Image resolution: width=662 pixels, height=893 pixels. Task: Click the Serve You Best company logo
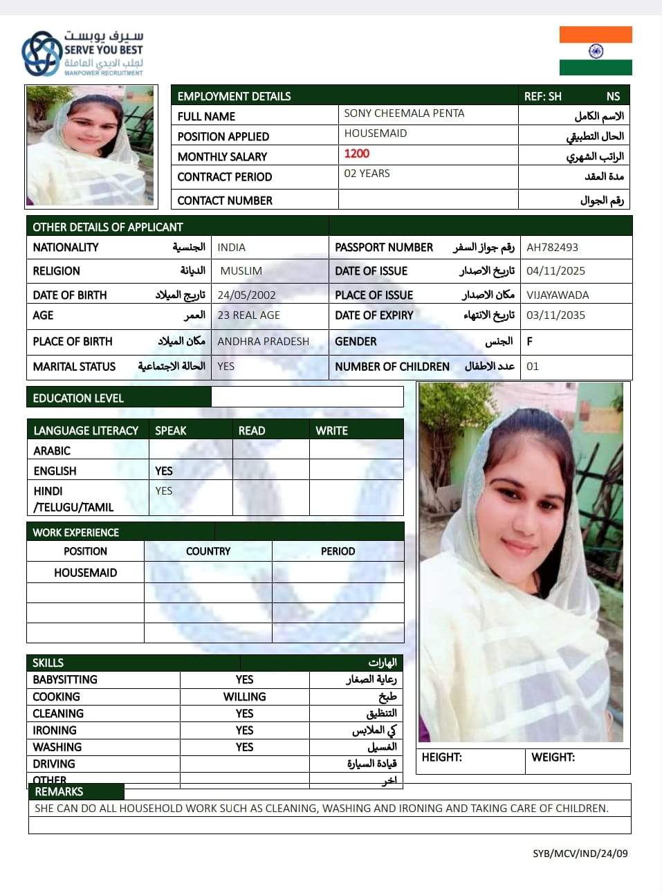[82, 53]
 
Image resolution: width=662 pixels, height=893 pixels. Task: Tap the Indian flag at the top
[596, 50]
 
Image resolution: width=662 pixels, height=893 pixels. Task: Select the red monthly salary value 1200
[357, 154]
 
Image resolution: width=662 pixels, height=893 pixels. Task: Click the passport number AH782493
[552, 247]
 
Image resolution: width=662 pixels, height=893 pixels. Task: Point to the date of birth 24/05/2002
[246, 295]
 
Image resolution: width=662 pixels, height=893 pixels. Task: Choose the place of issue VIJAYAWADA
[558, 295]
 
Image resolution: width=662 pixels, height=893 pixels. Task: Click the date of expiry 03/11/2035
[555, 315]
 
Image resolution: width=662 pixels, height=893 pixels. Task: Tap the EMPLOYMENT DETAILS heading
[234, 96]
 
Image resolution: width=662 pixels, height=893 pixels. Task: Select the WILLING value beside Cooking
[244, 697]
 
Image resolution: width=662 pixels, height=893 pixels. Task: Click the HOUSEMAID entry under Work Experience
[86, 573]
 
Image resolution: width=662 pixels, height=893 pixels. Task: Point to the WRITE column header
[331, 430]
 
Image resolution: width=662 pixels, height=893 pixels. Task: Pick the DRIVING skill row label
[54, 764]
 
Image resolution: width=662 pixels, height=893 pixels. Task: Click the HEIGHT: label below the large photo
[441, 757]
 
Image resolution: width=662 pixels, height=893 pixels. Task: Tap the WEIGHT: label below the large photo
[553, 757]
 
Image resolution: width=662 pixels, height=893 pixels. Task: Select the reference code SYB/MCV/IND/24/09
[580, 853]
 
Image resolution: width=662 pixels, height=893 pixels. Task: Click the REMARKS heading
[59, 791]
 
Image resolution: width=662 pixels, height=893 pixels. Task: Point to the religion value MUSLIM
[241, 271]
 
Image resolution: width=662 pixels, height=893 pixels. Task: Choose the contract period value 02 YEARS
[367, 174]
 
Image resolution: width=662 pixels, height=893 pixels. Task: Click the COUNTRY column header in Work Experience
[208, 551]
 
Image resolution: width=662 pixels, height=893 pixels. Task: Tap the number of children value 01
[532, 367]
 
